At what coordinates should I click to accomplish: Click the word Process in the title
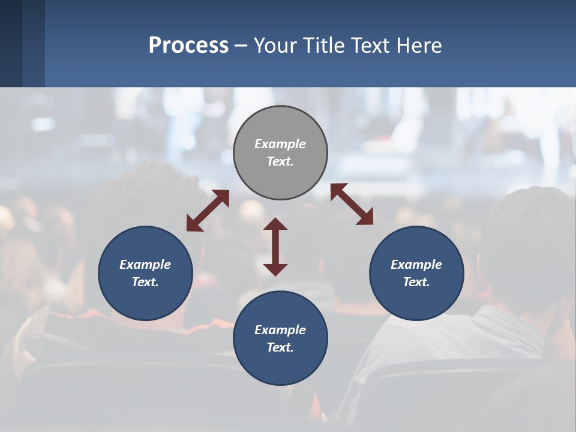[x=188, y=46]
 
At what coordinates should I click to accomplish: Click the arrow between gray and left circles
[x=208, y=211]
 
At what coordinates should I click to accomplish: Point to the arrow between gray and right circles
[x=352, y=204]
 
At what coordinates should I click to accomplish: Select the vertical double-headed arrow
[x=275, y=247]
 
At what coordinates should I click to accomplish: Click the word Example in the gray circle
[x=280, y=144]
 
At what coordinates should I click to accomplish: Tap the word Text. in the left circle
[x=145, y=282]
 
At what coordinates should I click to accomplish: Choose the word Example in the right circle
[x=416, y=265]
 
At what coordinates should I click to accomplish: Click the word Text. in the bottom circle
[x=280, y=347]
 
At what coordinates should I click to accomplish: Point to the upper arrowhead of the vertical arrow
[x=275, y=224]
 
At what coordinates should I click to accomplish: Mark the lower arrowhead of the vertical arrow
[x=275, y=269]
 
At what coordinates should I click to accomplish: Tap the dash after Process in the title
[x=241, y=46]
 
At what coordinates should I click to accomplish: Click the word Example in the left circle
[x=145, y=265]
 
